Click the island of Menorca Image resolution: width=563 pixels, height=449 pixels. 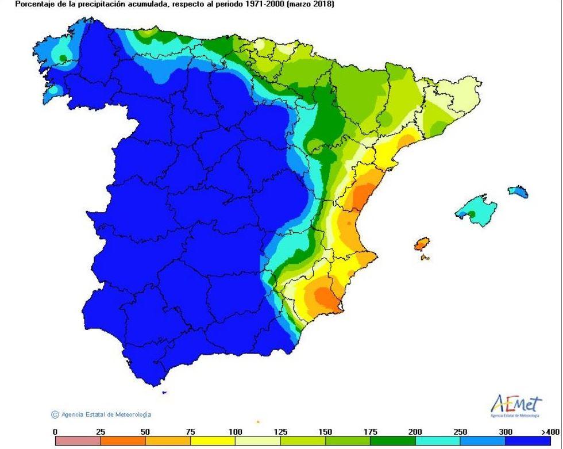pyautogui.click(x=518, y=191)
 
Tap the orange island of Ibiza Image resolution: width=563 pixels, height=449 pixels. pyautogui.click(x=422, y=244)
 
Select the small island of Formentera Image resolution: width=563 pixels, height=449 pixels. pyautogui.click(x=425, y=258)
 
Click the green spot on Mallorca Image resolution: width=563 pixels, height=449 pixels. pyautogui.click(x=472, y=214)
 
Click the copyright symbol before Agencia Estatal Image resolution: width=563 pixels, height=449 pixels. pyautogui.click(x=55, y=415)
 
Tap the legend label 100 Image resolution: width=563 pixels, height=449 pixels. pyautogui.click(x=235, y=432)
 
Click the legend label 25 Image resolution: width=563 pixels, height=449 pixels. pyautogui.click(x=100, y=432)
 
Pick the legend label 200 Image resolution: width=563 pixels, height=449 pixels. pyautogui.click(x=415, y=432)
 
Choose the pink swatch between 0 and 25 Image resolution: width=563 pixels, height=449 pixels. pyautogui.click(x=78, y=441)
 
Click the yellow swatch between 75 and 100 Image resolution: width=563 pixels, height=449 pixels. pyautogui.click(x=213, y=441)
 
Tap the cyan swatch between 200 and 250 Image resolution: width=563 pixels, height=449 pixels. pyautogui.click(x=437, y=441)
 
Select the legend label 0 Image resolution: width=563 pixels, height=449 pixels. pyautogui.click(x=55, y=432)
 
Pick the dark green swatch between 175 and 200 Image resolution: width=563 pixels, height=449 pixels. pyautogui.click(x=392, y=441)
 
